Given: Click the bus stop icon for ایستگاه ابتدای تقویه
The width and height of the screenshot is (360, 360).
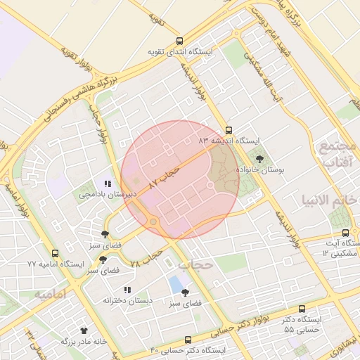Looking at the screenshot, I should pos(179,41).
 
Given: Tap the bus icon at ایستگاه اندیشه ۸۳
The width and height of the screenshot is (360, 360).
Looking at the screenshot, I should pos(229,130).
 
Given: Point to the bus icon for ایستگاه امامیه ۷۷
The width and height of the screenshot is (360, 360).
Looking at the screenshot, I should pos(56,253).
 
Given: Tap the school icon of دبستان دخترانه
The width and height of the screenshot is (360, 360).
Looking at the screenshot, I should pos(127,290).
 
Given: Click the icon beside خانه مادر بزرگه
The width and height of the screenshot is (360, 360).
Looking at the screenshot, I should pos(84,330).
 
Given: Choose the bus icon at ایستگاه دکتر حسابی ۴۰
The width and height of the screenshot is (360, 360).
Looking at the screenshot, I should pos(188,340).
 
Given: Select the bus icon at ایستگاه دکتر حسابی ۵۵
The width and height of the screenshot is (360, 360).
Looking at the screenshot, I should pos(302,309).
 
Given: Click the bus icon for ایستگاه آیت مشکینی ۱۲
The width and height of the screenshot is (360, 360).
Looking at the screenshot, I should pos(345,233).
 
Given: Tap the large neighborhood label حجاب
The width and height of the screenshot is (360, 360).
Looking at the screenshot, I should pos(195,265).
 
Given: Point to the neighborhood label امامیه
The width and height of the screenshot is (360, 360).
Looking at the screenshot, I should pos(50,295).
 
